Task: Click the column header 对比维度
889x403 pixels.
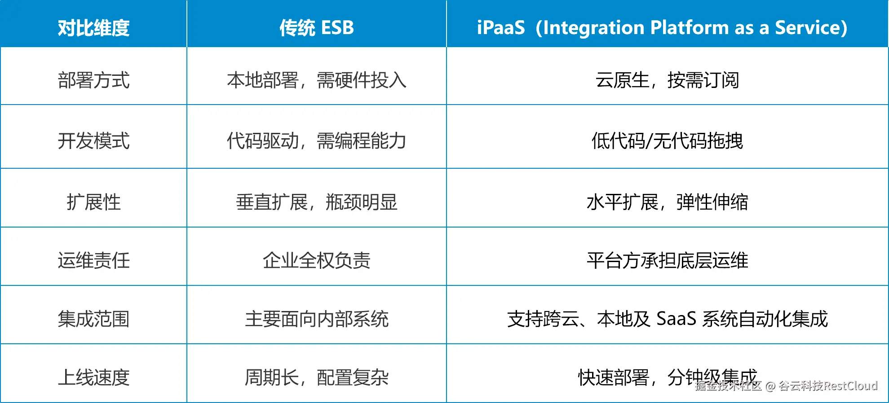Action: point(93,28)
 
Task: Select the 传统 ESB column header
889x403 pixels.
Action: point(317,28)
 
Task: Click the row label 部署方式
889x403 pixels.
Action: point(93,80)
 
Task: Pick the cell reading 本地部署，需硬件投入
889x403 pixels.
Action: point(317,80)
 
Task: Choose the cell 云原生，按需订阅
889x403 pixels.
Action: point(667,80)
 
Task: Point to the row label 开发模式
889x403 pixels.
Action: point(93,141)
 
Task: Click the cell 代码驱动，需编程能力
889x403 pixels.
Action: point(317,141)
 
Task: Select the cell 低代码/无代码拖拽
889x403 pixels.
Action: point(667,141)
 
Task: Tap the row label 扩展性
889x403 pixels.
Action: point(93,202)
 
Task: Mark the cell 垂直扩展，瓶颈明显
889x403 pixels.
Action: point(317,202)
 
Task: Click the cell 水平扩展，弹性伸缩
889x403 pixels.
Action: point(667,202)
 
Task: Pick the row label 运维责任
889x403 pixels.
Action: point(93,260)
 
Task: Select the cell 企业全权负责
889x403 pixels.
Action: point(317,260)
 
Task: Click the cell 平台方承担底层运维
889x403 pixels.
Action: point(667,260)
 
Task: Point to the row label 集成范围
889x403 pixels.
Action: point(93,319)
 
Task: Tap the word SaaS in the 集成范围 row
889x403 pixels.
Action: point(676,319)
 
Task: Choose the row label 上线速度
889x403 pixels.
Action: point(93,377)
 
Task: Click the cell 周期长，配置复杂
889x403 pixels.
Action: point(317,377)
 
